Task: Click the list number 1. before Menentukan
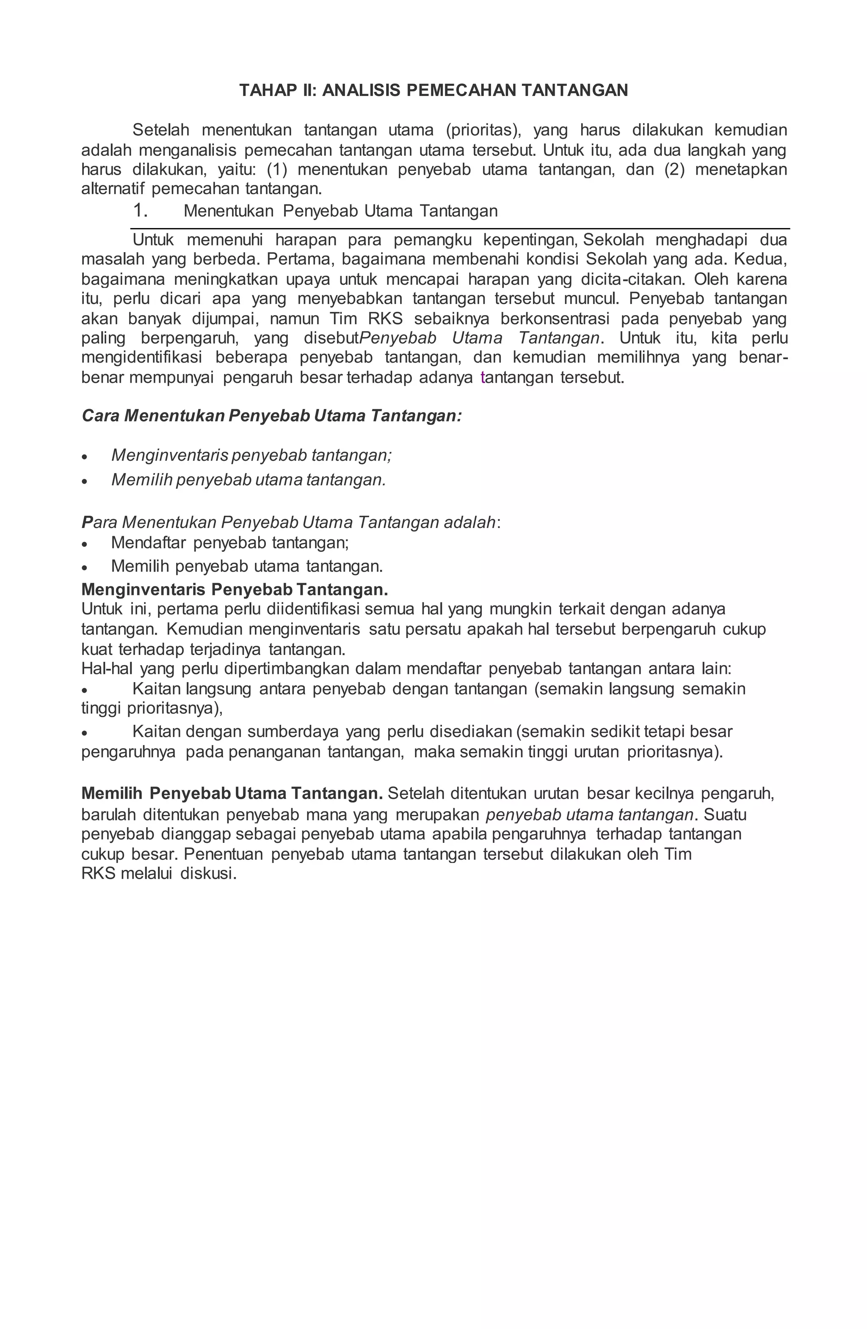[x=140, y=211]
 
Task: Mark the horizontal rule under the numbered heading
[x=460, y=228]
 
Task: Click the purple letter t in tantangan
[x=483, y=378]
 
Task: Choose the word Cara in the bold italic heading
[x=101, y=416]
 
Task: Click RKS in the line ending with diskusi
[x=98, y=873]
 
